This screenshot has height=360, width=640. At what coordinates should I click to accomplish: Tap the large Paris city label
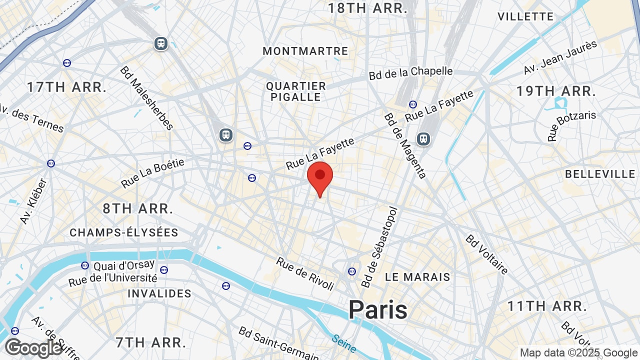pos(378,309)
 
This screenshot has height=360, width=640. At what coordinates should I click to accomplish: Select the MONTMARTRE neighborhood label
pos(305,51)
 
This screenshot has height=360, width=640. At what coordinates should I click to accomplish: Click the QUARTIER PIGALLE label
pos(296,91)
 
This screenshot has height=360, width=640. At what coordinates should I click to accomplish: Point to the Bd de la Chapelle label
pos(410,73)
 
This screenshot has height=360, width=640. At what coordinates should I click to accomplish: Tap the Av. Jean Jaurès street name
pos(560,57)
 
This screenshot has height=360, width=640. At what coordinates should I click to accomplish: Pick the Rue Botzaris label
pos(571,125)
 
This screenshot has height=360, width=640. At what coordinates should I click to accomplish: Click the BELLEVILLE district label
pos(600,174)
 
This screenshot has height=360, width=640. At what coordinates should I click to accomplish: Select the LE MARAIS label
pos(417,277)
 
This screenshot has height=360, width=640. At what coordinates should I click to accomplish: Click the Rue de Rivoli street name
pos(305,273)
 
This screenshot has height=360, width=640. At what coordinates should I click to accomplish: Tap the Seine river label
pos(343,343)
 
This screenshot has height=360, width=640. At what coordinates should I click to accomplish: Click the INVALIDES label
pos(159,293)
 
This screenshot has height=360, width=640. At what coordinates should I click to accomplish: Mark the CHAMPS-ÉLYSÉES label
pos(124,232)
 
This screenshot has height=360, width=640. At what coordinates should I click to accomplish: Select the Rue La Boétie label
pos(152,173)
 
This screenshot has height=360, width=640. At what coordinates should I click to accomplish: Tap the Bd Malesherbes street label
pos(146,98)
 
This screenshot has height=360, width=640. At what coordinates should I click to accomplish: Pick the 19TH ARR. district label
pos(556,91)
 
